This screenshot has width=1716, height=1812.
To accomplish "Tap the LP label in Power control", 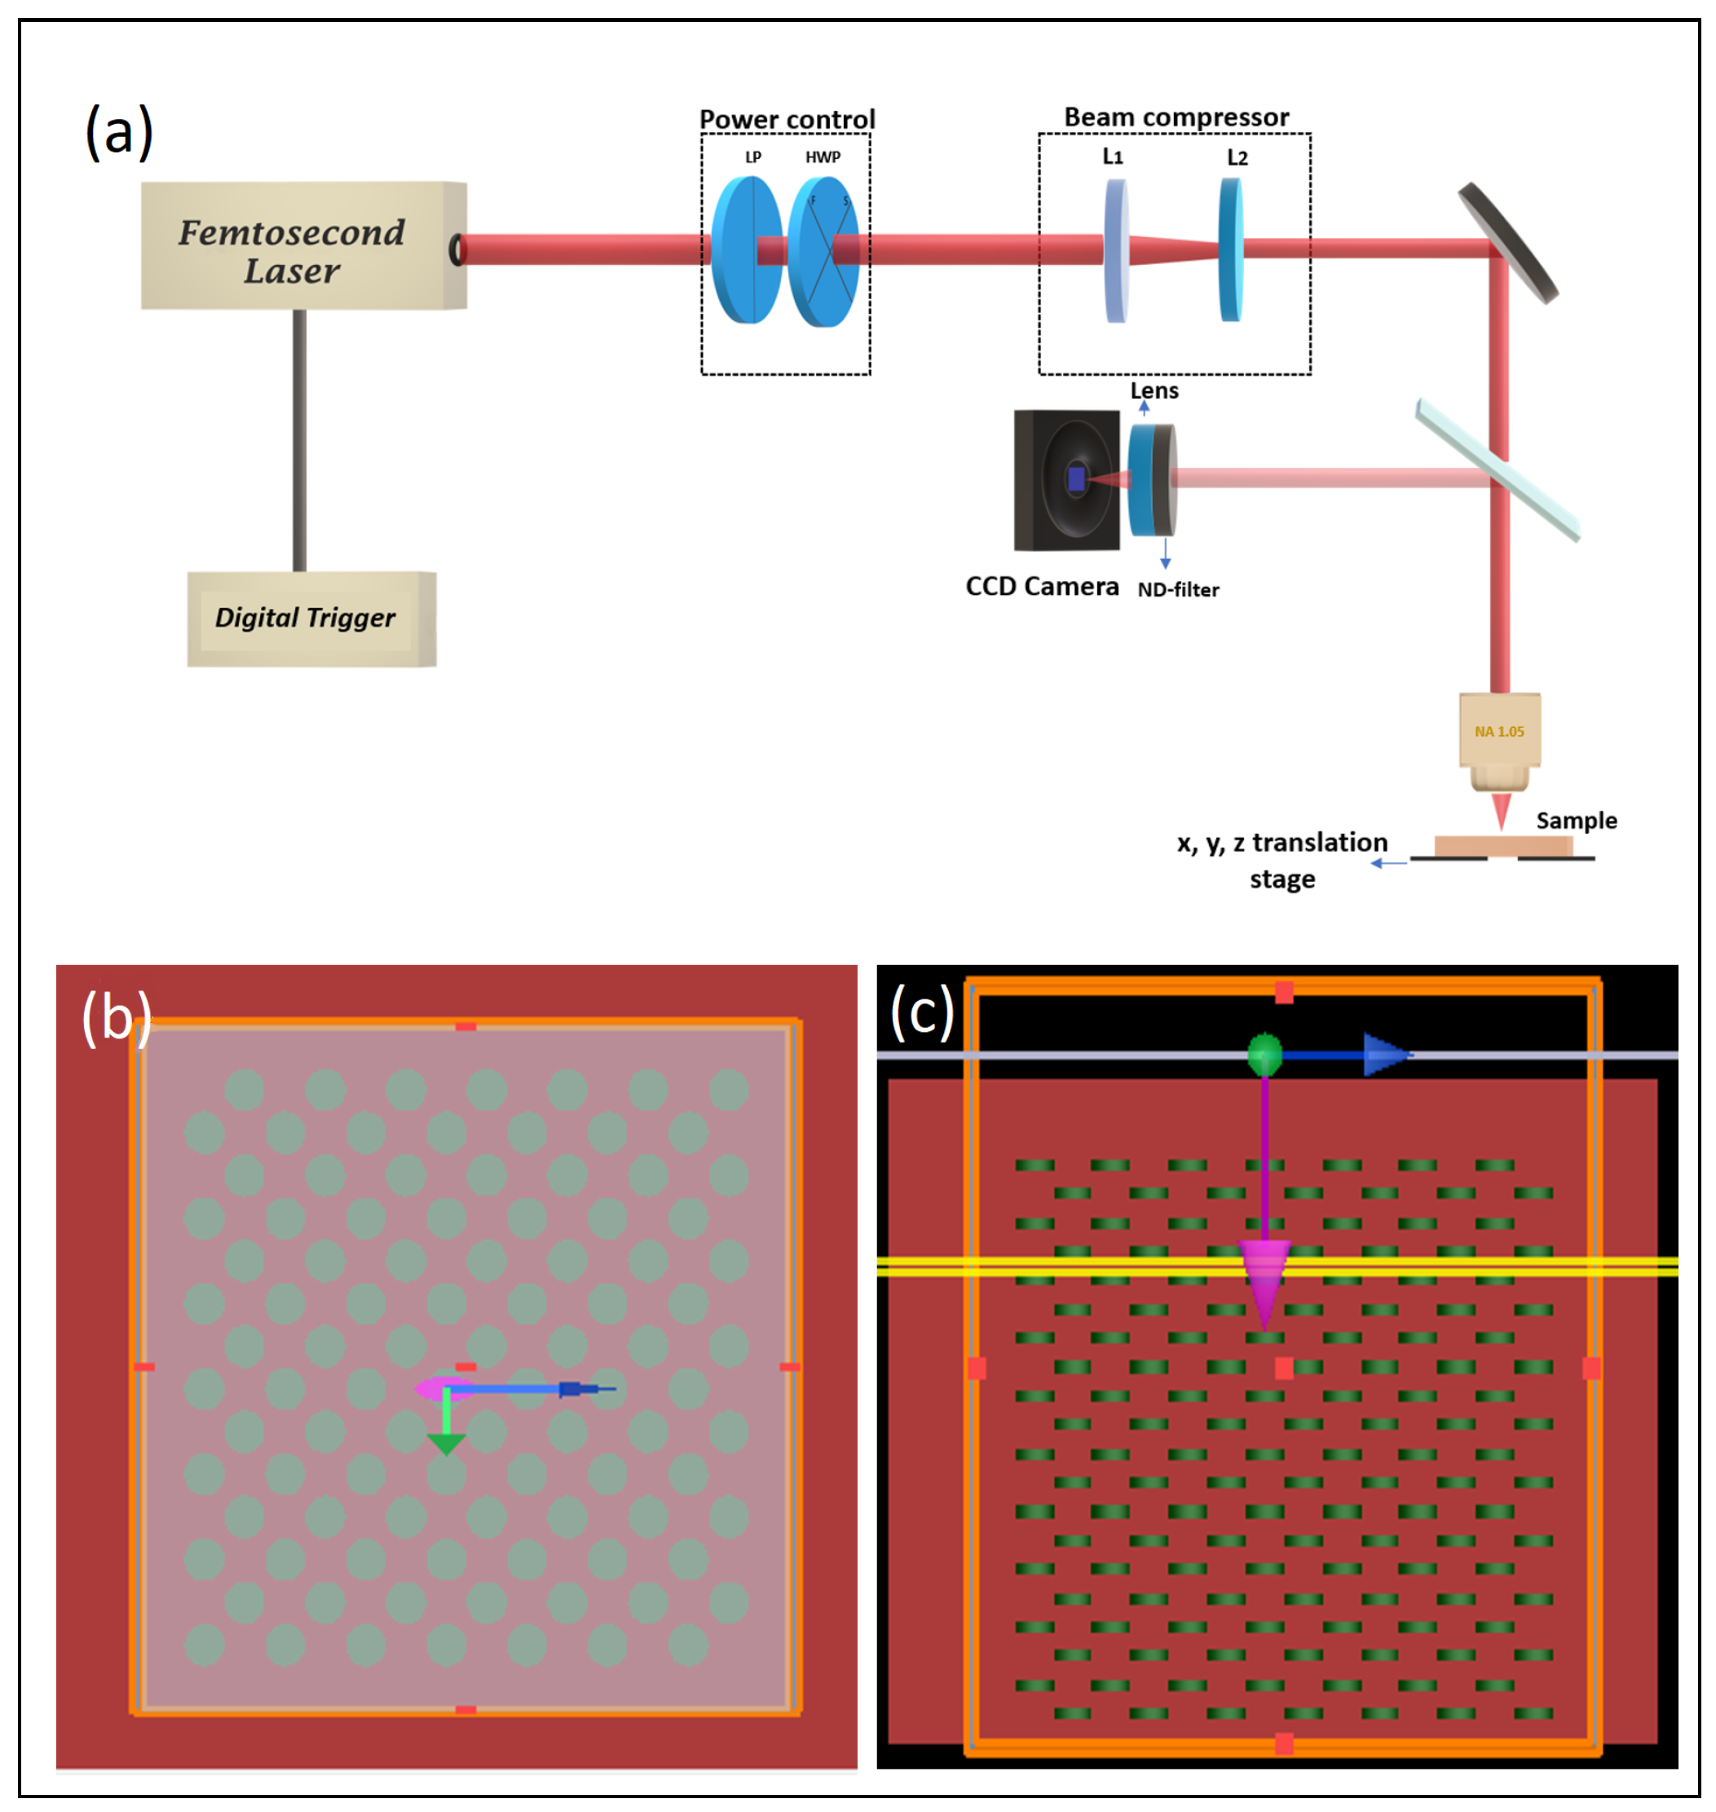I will click(752, 157).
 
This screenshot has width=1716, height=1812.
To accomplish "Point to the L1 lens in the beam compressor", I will click(1116, 250).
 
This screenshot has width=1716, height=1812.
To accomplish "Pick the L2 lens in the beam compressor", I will click(1231, 249).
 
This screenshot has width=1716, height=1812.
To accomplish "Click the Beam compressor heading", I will click(1176, 117).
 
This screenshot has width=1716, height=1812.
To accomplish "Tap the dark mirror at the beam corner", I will click(1506, 243).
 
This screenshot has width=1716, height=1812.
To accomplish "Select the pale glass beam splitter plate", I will click(1498, 470).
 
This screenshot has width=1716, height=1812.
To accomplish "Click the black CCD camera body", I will click(1065, 480).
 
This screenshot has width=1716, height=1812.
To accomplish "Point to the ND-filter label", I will click(1178, 590).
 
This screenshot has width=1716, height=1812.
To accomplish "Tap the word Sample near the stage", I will click(1576, 821).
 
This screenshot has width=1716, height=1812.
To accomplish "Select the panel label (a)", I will click(119, 132).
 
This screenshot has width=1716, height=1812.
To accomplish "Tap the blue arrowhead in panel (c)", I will click(1385, 1055).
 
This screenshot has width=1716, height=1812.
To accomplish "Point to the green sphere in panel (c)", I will click(1265, 1055).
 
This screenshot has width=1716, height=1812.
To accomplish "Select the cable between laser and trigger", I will click(299, 440).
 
